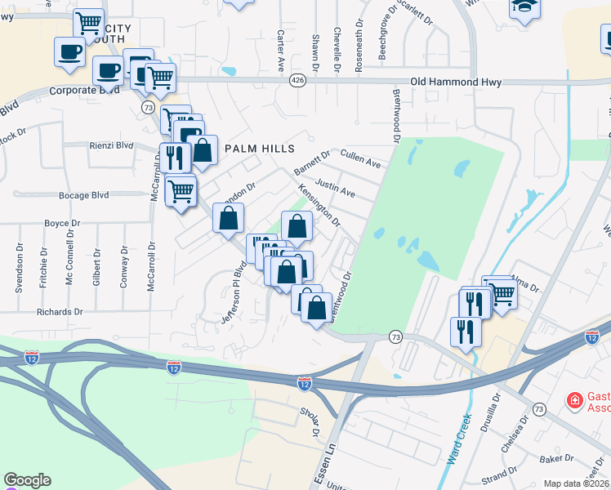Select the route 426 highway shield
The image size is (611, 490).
pyautogui.click(x=297, y=81)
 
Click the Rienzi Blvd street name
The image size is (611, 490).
pyautogui.click(x=109, y=145)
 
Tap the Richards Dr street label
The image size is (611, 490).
pyautogui.click(x=60, y=312)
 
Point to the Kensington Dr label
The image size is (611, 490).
pyautogui.click(x=319, y=204)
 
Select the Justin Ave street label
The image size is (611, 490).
pyautogui.click(x=335, y=189)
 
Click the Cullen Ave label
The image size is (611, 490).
pyautogui.click(x=360, y=158)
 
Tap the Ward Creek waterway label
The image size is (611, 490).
pyautogui.click(x=459, y=441)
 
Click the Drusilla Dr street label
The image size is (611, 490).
pyautogui.click(x=494, y=413)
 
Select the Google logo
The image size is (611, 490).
pyautogui.click(x=27, y=480)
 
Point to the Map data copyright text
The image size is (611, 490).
pyautogui.click(x=576, y=483)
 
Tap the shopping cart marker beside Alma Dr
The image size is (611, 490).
pyautogui.click(x=501, y=292)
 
